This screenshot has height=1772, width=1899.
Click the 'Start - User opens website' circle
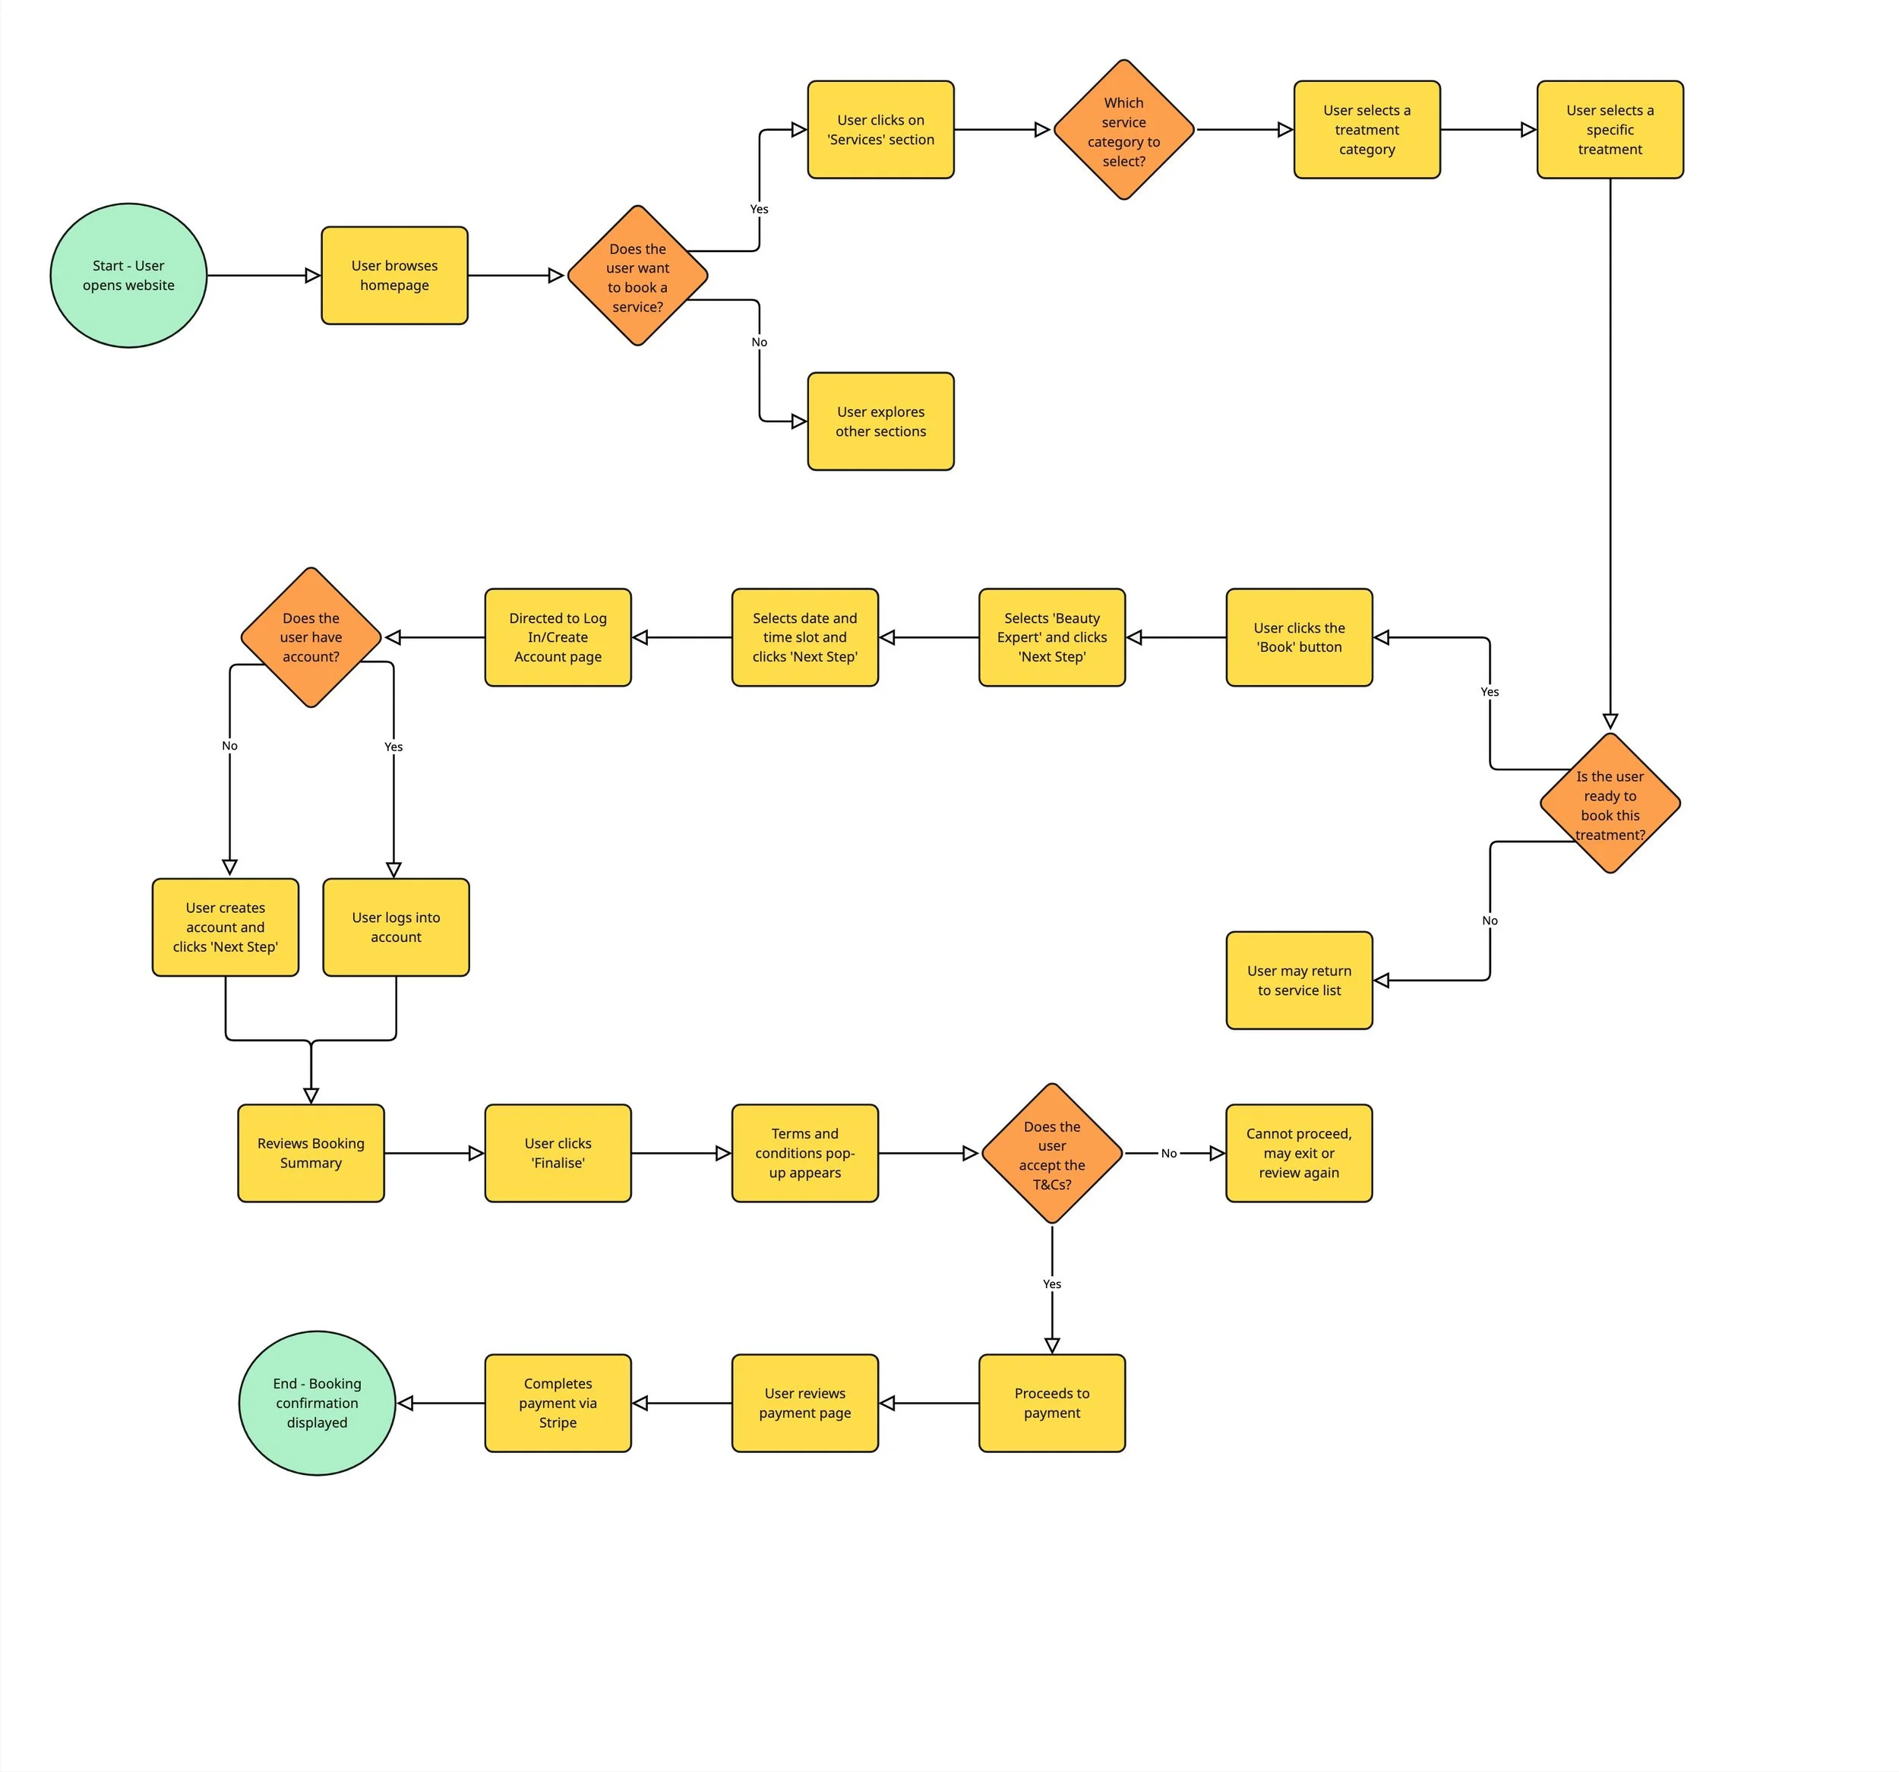[x=128, y=275]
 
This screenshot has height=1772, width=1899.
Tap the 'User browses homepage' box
[x=394, y=275]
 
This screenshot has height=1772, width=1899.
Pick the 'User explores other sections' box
[x=880, y=422]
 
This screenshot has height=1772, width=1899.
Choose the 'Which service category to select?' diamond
[x=1123, y=130]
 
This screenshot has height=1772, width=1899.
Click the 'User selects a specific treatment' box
[x=1610, y=130]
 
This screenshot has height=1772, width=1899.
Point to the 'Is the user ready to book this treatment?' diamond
[x=1610, y=804]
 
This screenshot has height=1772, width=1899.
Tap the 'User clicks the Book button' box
[x=1299, y=637]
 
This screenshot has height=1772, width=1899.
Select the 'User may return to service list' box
[x=1299, y=980]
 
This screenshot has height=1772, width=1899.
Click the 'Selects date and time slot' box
[x=804, y=637]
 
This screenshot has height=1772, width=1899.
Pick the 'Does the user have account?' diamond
[x=311, y=637]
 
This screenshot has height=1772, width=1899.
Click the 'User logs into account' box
[x=396, y=927]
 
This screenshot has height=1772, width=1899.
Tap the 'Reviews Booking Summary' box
[x=311, y=1153]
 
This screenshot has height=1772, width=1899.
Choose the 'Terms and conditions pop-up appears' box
[x=804, y=1153]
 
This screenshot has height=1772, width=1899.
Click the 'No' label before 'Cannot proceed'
[x=1168, y=1153]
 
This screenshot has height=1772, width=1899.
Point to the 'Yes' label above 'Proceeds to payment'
[x=1052, y=1284]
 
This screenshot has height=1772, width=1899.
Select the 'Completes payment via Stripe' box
[x=558, y=1402]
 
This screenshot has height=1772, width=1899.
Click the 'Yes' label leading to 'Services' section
[x=758, y=209]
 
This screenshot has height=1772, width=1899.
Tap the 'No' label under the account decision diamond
[x=229, y=746]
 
